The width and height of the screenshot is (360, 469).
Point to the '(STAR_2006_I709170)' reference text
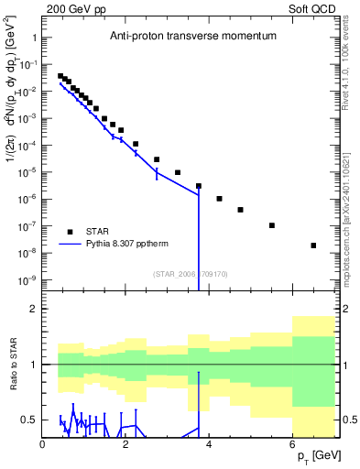(x=191, y=272)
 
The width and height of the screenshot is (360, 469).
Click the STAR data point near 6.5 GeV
(x=313, y=245)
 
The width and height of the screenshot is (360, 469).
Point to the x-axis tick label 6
(x=292, y=444)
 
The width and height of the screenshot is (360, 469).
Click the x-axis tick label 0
(x=43, y=444)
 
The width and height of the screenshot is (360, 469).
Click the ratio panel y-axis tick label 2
(x=32, y=309)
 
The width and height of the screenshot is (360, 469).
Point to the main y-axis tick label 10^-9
(x=25, y=279)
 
